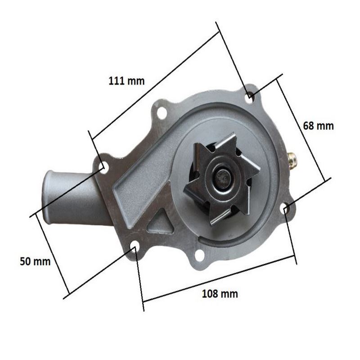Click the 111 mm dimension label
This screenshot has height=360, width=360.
point(127,81)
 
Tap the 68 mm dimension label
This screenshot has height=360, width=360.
point(319,126)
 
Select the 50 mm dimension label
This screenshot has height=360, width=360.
point(35,261)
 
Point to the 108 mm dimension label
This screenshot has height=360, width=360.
point(220,294)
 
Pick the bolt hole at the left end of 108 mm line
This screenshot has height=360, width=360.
point(135,246)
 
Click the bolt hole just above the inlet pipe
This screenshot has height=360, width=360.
point(103,167)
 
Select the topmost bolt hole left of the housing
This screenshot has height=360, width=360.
point(161,112)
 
